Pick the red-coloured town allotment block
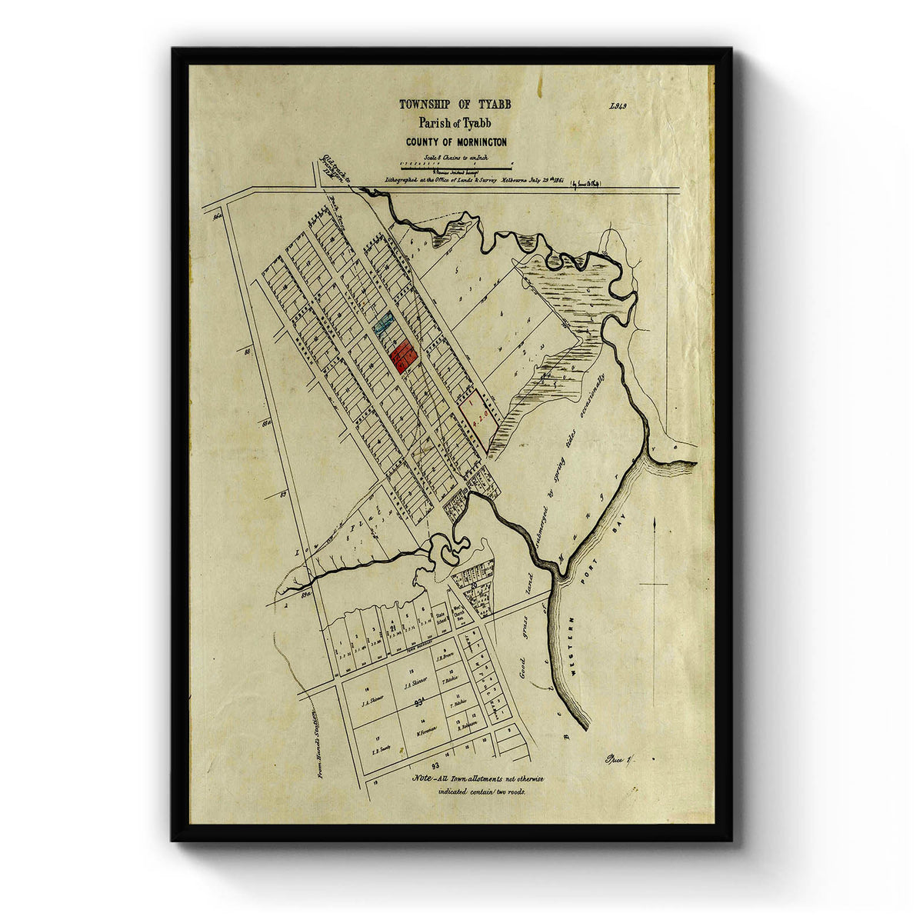[402, 356]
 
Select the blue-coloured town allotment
[384, 322]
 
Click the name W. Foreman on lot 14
[427, 731]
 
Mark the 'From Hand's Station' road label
[315, 743]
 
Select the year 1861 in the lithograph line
[557, 182]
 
